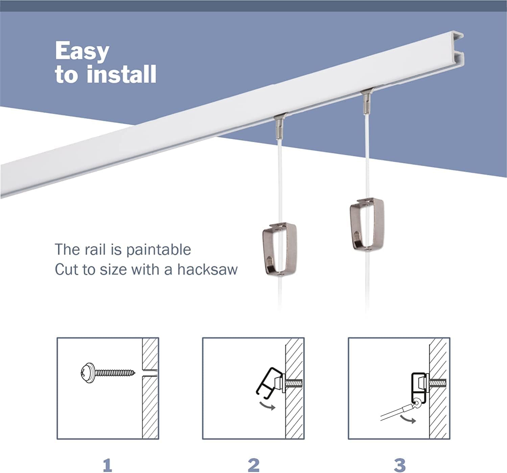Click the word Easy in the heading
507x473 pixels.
click(82, 52)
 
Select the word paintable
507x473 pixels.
click(159, 250)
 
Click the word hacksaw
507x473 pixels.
click(207, 269)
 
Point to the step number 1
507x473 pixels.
click(107, 465)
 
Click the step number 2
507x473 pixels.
click(253, 465)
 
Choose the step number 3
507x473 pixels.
click(400, 465)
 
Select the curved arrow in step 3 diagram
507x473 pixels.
click(408, 419)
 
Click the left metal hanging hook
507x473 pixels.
click(280, 249)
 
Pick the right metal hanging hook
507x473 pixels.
click(367, 224)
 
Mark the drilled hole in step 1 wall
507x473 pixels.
click(149, 373)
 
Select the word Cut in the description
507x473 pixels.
click(67, 269)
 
